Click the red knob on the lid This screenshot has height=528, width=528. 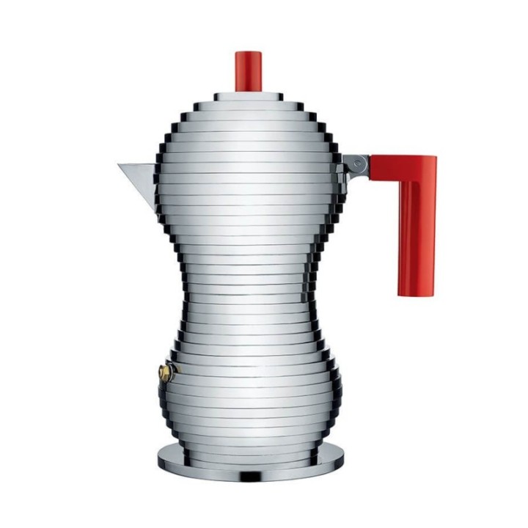[x=249, y=70]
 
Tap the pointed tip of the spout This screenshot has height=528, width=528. [x=120, y=165]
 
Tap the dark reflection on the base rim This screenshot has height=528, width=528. [x=249, y=476]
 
